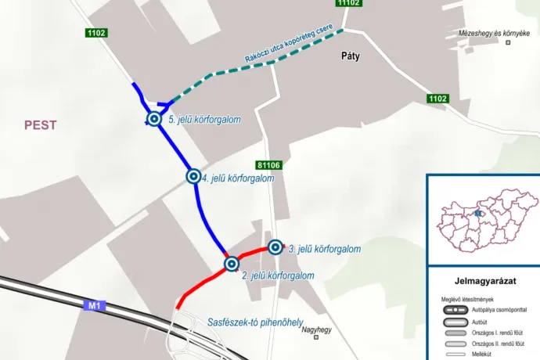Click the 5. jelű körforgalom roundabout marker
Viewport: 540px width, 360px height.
(x=153, y=119)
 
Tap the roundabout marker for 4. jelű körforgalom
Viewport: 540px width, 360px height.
(x=193, y=176)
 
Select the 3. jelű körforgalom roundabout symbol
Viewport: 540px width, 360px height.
(x=275, y=247)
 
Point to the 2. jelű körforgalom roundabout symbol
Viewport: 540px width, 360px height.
(x=232, y=265)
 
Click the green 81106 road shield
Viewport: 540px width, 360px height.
(x=268, y=165)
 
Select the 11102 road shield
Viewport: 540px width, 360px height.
(x=349, y=3)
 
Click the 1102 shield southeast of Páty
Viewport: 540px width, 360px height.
(x=437, y=99)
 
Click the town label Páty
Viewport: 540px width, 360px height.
(x=350, y=56)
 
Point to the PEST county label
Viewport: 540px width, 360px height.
(x=41, y=125)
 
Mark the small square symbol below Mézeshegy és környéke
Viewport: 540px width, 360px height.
(x=507, y=42)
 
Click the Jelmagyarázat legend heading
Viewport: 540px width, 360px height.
(x=485, y=280)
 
